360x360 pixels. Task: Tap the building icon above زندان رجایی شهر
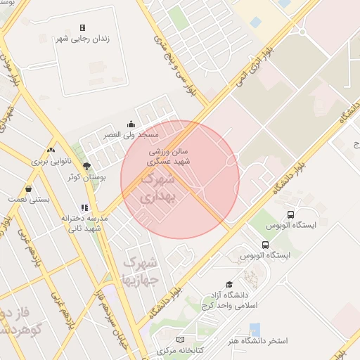click(x=83, y=27)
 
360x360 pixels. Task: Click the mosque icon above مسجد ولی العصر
click(x=130, y=124)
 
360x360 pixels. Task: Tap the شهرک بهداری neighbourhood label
click(x=156, y=188)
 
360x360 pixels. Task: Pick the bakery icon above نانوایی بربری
click(x=50, y=150)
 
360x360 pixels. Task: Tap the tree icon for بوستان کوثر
click(x=87, y=167)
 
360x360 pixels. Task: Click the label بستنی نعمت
click(x=29, y=200)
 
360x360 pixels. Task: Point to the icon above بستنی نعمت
click(x=28, y=188)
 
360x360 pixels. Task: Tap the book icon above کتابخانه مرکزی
click(x=179, y=340)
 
